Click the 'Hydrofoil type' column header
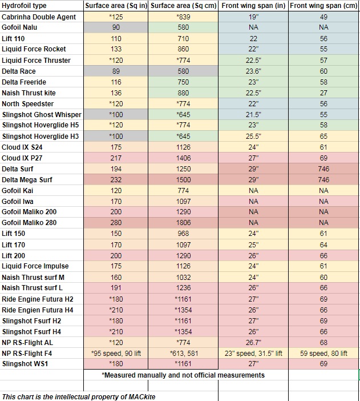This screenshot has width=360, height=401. pyautogui.click(x=24, y=6)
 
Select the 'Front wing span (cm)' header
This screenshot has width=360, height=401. pyautogui.click(x=323, y=6)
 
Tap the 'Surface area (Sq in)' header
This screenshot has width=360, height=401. pyautogui.click(x=116, y=6)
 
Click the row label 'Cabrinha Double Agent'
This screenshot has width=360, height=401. pyautogui.click(x=39, y=17)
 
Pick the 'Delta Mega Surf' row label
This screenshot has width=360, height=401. pyautogui.click(x=27, y=179)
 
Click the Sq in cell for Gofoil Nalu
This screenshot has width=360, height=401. pyautogui.click(x=116, y=27)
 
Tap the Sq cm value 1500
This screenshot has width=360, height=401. pyautogui.click(x=183, y=179)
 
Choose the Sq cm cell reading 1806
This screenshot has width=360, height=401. pyautogui.click(x=183, y=223)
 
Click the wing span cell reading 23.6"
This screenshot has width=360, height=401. pyautogui.click(x=253, y=71)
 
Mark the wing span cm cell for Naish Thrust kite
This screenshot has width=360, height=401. pyautogui.click(x=323, y=93)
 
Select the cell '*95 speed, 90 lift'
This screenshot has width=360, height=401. pyautogui.click(x=116, y=353)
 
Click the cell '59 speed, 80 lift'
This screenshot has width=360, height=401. pyautogui.click(x=323, y=353)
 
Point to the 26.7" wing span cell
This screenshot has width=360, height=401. pyautogui.click(x=253, y=342)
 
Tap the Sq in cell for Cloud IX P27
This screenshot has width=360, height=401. pyautogui.click(x=116, y=158)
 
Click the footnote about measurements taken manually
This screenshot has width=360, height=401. pyautogui.click(x=183, y=375)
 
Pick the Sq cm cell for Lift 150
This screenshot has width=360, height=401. pyautogui.click(x=183, y=234)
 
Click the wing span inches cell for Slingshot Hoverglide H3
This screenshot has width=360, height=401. pyautogui.click(x=253, y=136)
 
